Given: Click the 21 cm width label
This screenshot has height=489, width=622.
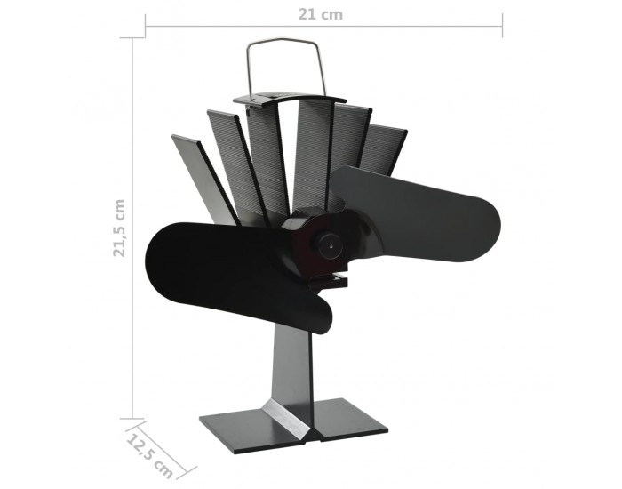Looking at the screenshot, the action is [320, 15].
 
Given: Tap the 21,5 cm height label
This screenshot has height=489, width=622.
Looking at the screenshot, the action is [119, 228].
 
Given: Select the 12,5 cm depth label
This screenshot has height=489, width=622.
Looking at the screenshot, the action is [150, 456].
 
